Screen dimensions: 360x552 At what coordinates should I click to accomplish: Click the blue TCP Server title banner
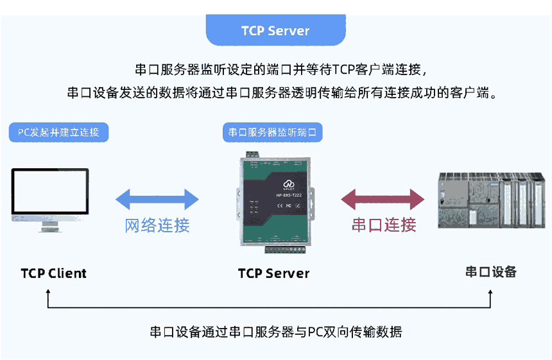tap(275, 31)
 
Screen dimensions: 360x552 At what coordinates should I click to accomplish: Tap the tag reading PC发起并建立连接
tap(58, 133)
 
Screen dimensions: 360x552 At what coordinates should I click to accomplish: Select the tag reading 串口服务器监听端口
tap(273, 133)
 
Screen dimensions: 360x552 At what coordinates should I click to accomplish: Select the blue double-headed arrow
tap(157, 199)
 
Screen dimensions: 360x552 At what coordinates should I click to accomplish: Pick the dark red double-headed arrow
tap(384, 199)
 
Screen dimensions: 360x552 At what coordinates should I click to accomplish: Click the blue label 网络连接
tap(157, 225)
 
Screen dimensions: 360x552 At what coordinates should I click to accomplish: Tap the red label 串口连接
tap(384, 225)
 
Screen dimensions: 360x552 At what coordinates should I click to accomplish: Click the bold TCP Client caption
tap(53, 273)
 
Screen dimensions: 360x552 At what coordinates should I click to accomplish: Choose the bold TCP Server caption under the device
tap(273, 273)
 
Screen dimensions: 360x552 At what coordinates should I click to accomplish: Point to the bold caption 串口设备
tap(491, 271)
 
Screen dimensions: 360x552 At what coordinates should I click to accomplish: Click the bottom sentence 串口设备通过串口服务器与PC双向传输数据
tap(276, 332)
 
